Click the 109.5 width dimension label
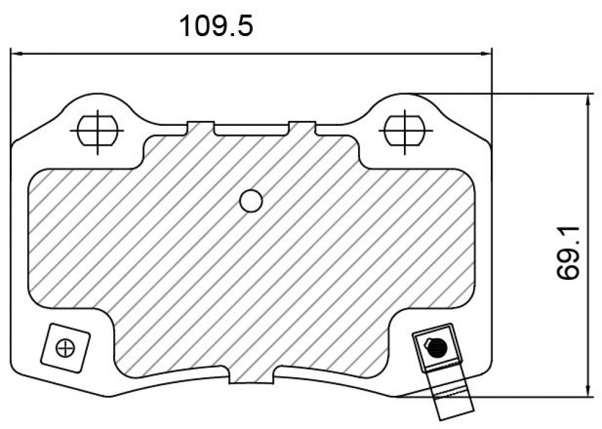coord(216,26)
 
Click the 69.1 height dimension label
coord(568,253)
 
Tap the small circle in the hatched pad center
coord(250,201)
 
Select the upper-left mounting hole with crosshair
coord(98,131)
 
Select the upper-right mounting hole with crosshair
coord(405,131)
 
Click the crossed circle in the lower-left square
coord(65,348)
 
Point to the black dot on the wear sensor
coord(437,348)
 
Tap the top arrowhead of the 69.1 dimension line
coord(588,100)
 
